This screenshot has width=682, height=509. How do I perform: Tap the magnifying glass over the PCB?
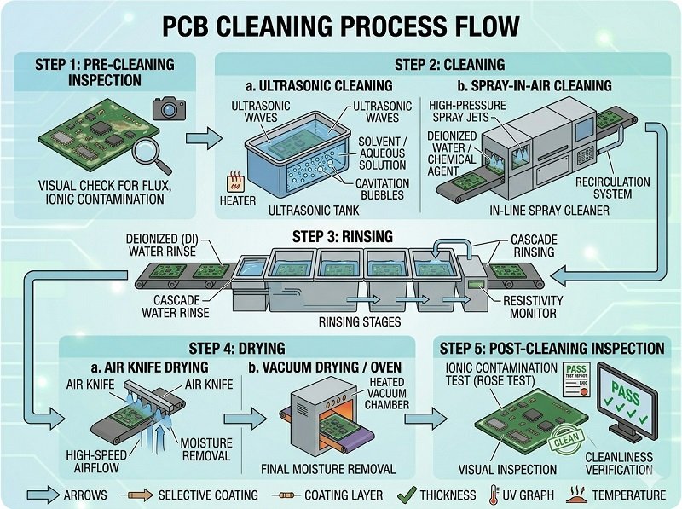[x=152, y=154]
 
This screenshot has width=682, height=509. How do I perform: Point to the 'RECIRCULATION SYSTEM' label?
[x=614, y=188]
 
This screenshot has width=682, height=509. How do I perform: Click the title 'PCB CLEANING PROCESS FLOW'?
[x=341, y=26]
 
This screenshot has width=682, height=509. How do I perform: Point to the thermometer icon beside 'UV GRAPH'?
[x=494, y=495]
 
